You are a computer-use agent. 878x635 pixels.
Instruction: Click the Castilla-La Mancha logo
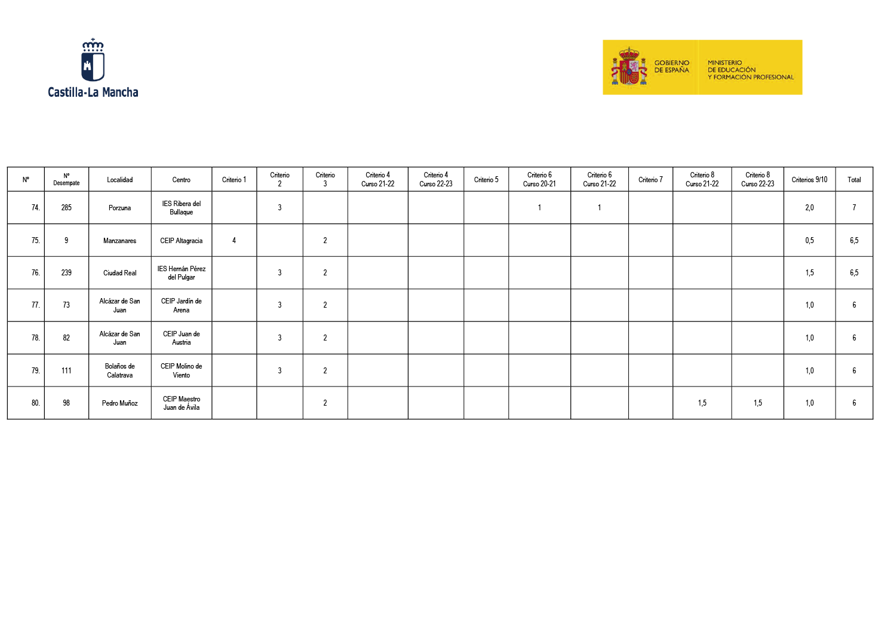point(93,67)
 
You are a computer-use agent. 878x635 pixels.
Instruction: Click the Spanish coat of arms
point(629,67)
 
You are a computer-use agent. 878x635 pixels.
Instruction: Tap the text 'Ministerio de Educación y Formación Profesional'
point(750,70)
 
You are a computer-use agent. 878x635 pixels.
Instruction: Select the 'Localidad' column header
point(119,180)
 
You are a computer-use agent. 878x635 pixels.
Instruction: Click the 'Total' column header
point(854,180)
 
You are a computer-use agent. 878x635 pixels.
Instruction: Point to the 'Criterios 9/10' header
point(809,180)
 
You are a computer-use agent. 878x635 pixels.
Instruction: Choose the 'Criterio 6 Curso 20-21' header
point(539,180)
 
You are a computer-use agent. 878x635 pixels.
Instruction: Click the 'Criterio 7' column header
point(650,180)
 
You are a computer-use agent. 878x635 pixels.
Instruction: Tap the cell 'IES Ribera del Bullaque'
point(181,208)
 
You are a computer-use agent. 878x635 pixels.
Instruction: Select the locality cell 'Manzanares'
point(119,241)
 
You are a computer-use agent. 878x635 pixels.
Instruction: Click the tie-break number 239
point(66,273)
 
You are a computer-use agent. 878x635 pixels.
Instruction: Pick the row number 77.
point(35,305)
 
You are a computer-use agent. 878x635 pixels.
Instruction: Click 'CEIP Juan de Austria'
point(181,338)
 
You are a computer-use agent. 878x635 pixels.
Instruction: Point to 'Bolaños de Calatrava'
point(119,371)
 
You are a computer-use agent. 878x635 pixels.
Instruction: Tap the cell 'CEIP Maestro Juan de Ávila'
point(181,403)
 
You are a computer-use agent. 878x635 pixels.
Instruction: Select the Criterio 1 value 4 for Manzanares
point(234,241)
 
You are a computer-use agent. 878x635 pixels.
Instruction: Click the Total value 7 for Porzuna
point(854,208)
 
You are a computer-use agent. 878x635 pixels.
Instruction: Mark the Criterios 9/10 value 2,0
point(809,208)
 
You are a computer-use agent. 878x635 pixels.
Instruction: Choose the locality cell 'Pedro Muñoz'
point(119,403)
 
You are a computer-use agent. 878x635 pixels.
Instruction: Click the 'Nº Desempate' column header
point(66,180)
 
